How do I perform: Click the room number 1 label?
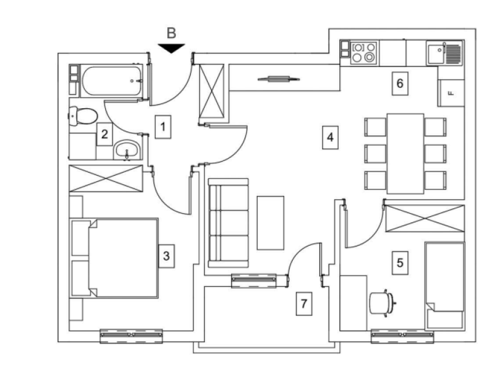[x=163, y=127]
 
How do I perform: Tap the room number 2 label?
[x=105, y=134]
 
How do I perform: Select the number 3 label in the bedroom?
[x=166, y=256]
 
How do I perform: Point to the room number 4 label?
[x=330, y=138]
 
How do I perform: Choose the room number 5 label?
[x=400, y=263]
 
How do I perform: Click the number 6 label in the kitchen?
[x=400, y=84]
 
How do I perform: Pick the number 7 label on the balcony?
[x=304, y=304]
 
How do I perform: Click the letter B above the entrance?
[x=172, y=33]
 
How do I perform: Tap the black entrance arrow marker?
[x=172, y=49]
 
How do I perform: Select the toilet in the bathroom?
[x=83, y=116]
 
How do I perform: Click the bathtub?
[x=112, y=81]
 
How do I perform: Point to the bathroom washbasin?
[x=127, y=150]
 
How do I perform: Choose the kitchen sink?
[x=445, y=53]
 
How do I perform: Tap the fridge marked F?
[x=451, y=93]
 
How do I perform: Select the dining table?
[x=405, y=154]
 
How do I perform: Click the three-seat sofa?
[x=228, y=223]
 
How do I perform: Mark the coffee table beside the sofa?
[x=271, y=223]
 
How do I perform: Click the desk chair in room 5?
[x=382, y=303]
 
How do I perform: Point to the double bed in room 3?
[x=115, y=258]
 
